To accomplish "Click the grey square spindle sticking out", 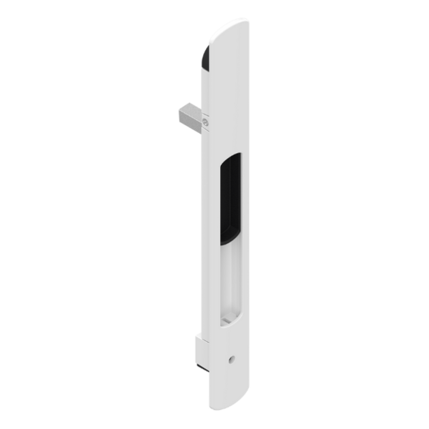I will [x=187, y=115].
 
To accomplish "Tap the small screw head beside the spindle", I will [x=206, y=123].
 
